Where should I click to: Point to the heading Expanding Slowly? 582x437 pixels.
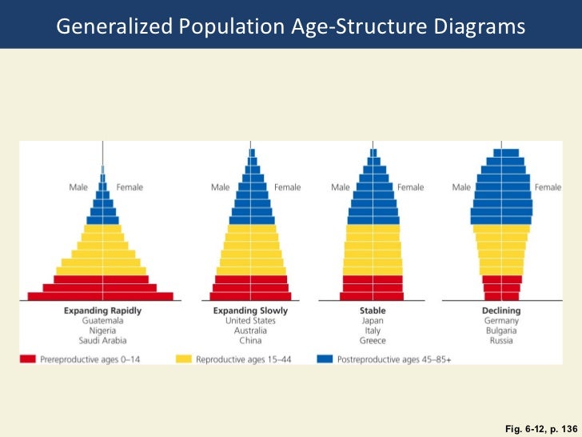pos(250,311)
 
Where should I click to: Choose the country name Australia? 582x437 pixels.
pos(250,331)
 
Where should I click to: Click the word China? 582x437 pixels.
pos(250,341)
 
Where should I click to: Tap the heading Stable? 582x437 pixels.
pos(373,311)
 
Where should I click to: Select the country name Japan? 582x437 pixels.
pos(373,321)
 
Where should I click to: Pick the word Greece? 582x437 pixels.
pos(373,341)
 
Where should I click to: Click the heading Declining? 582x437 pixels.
pos(501,311)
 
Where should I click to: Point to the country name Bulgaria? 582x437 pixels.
pos(501,331)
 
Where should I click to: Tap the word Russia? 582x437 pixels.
pos(501,341)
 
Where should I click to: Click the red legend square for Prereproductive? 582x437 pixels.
pos(29,359)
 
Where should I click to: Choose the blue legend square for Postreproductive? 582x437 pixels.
pos(325,359)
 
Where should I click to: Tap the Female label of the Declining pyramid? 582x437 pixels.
pos(548,187)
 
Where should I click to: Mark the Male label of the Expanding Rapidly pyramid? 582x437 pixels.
pos(78,187)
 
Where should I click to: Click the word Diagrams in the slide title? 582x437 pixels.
pos(480,27)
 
